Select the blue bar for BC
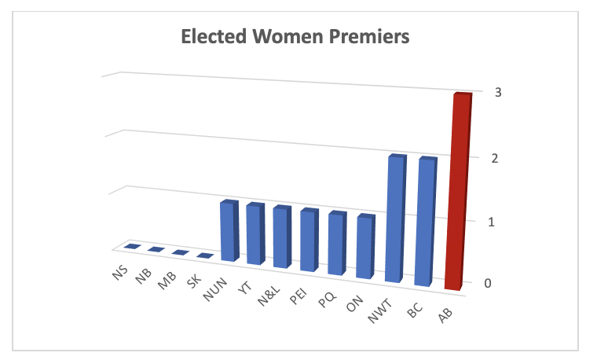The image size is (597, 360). (x=425, y=222)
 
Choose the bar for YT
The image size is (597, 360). (x=255, y=233)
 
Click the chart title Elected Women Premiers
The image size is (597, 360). (x=295, y=36)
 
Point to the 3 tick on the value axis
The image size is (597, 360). (x=498, y=92)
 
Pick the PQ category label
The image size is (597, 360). (x=327, y=299)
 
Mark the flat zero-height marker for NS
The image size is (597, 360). (x=131, y=247)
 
